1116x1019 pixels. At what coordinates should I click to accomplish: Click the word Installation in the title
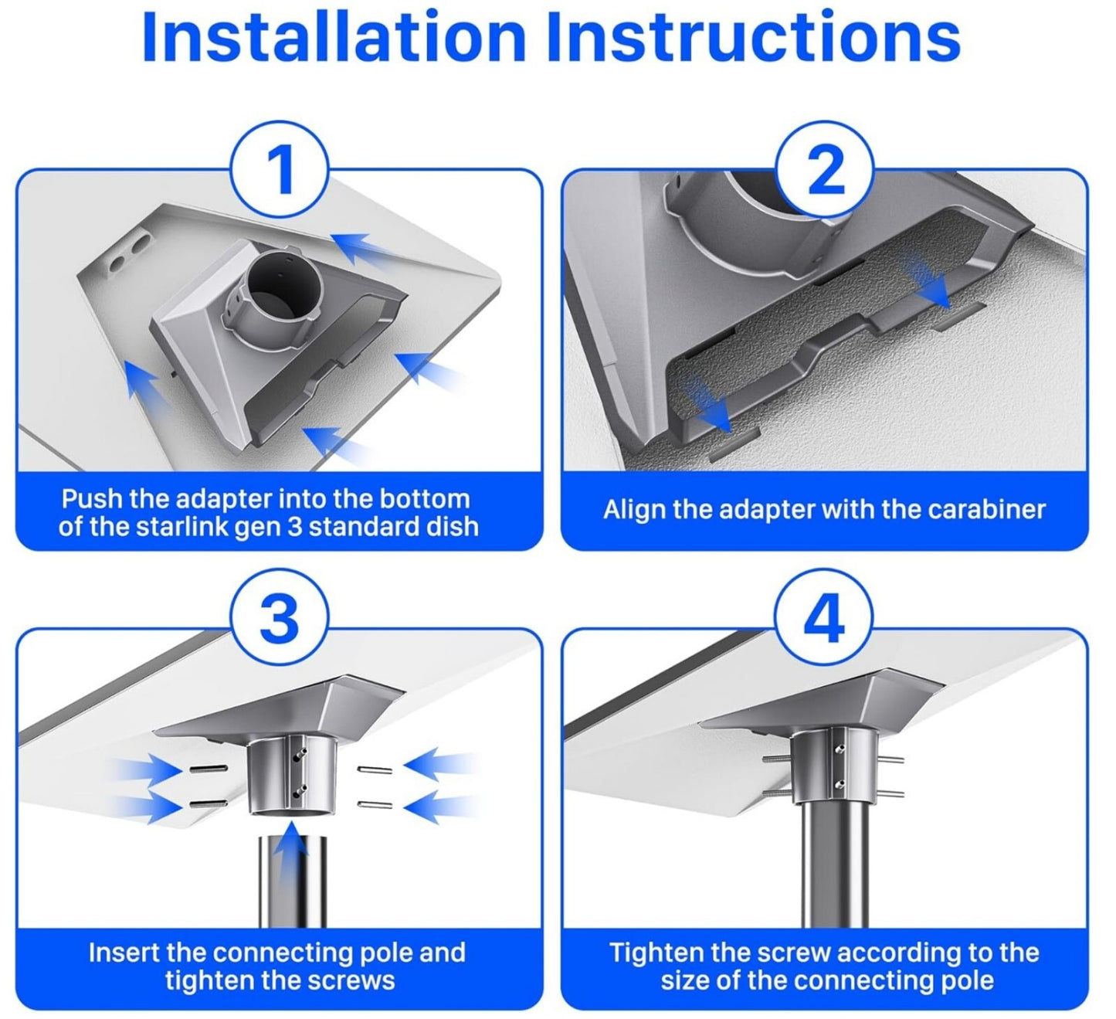[x=334, y=36]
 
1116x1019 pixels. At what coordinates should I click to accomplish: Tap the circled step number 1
[x=280, y=170]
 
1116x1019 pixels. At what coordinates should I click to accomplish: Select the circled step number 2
[x=825, y=170]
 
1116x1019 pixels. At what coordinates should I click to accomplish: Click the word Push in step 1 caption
[x=93, y=499]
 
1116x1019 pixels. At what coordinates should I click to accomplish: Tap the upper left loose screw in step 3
[x=208, y=769]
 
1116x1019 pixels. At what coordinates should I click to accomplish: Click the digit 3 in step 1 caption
[x=294, y=526]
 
